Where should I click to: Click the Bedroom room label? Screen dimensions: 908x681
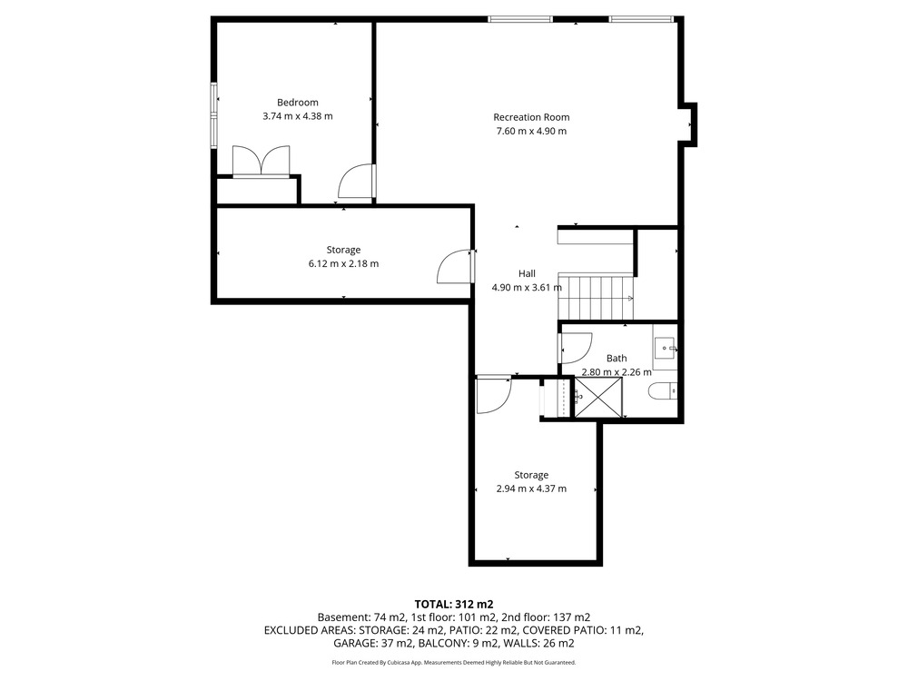(298, 103)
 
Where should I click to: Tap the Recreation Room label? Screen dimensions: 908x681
(531, 117)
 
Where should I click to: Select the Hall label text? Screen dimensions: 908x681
(527, 273)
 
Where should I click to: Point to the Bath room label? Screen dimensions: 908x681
(617, 359)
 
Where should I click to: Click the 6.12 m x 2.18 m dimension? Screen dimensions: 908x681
(343, 263)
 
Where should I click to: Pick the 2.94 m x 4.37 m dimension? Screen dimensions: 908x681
(531, 489)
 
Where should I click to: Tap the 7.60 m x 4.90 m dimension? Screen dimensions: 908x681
(531, 131)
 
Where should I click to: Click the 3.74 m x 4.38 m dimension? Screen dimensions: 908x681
(298, 116)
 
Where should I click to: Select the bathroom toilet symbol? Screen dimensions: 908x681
(662, 392)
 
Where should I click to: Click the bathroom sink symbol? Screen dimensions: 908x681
(666, 348)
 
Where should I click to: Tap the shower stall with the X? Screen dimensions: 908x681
(597, 397)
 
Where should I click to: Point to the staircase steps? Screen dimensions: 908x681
(596, 298)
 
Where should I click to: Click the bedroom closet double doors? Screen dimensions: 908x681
(261, 161)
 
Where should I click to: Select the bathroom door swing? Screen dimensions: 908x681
(576, 349)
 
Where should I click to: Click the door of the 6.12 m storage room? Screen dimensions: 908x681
(456, 266)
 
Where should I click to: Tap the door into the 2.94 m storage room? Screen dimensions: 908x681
(494, 395)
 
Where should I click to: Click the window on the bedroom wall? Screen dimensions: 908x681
(213, 116)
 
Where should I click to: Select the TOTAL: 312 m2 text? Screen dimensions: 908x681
(453, 605)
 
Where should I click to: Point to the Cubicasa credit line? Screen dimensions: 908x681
(453, 663)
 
